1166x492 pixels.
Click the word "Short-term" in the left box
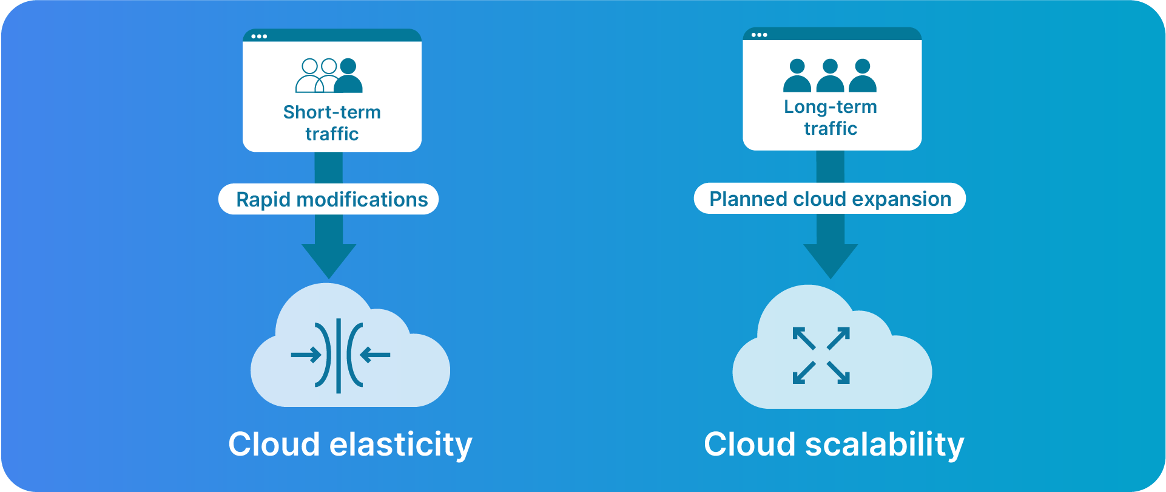[332, 112]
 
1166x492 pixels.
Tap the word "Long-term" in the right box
[830, 107]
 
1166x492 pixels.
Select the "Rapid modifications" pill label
[331, 199]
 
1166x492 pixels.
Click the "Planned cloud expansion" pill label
[830, 199]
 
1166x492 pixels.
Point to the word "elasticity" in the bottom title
[400, 445]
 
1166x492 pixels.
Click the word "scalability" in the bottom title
[885, 445]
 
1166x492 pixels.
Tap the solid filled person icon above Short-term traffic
[348, 76]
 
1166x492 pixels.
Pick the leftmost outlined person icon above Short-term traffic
[309, 76]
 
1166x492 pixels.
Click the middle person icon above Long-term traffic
[830, 76]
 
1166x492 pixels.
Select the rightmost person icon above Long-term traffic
[863, 76]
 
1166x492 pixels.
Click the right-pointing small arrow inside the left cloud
[306, 355]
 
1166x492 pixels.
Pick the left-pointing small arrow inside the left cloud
[376, 355]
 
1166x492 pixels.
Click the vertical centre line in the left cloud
[339, 355]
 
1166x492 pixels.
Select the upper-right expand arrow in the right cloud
[840, 337]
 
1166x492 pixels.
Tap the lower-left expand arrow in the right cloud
[803, 374]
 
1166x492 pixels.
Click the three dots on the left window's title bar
[259, 36]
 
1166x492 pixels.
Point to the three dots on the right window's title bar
[759, 35]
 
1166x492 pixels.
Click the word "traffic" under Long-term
[830, 129]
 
